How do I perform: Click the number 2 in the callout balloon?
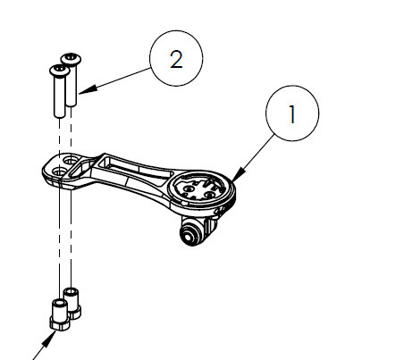176,60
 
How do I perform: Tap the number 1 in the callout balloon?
292,114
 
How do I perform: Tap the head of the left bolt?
60,71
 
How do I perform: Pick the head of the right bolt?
71,59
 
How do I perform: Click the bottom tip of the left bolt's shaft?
60,118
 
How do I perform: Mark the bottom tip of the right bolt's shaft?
72,106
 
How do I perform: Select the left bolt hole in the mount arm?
60,171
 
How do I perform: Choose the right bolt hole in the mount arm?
71,161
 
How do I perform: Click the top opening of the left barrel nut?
60,303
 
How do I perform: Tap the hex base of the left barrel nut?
60,323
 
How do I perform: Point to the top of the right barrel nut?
72,291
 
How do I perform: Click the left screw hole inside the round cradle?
189,188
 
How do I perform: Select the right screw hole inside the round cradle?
210,195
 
